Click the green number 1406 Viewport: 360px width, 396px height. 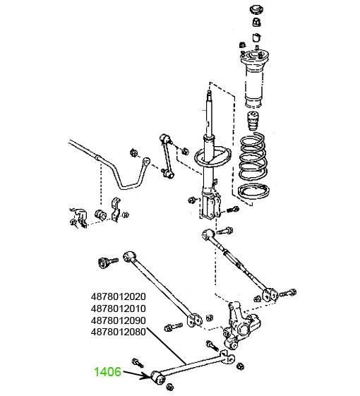coord(107,372)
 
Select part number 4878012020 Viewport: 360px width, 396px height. coord(118,296)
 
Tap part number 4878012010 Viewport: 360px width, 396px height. coord(118,308)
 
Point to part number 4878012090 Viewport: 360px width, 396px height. coord(118,320)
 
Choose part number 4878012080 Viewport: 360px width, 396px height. coord(118,332)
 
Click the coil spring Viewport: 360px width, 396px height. coord(253,157)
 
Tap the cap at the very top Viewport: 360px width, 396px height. coord(257,10)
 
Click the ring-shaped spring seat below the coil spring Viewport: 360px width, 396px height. coord(253,191)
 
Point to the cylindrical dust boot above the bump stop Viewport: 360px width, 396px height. coord(254,88)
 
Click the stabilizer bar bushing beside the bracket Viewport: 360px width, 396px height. coord(100,215)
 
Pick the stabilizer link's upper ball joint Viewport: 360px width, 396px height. coord(165,138)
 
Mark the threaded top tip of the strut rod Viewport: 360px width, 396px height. coord(209,93)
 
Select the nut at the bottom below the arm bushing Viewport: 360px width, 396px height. coord(170,387)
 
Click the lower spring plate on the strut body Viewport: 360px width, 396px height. coord(212,157)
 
